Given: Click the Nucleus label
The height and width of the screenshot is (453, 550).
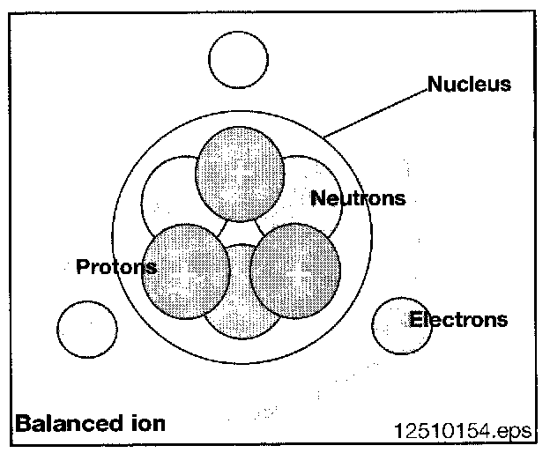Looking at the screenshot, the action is pyautogui.click(x=469, y=85).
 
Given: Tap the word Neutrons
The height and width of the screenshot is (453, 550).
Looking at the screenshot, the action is pyautogui.click(x=358, y=198).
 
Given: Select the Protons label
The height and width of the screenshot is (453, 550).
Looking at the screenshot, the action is pyautogui.click(x=116, y=266).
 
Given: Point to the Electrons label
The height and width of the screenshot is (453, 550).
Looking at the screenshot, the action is pyautogui.click(x=458, y=319).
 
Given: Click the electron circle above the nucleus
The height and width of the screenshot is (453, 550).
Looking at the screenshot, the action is pyautogui.click(x=238, y=60).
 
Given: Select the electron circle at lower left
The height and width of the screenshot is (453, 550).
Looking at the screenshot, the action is pyautogui.click(x=86, y=329).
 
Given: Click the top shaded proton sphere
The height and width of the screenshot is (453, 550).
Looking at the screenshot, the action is pyautogui.click(x=240, y=173).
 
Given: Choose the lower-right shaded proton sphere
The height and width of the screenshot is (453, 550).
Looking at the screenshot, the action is pyautogui.click(x=295, y=269).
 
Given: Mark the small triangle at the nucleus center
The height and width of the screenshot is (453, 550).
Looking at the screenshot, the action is pyautogui.click(x=240, y=232).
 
